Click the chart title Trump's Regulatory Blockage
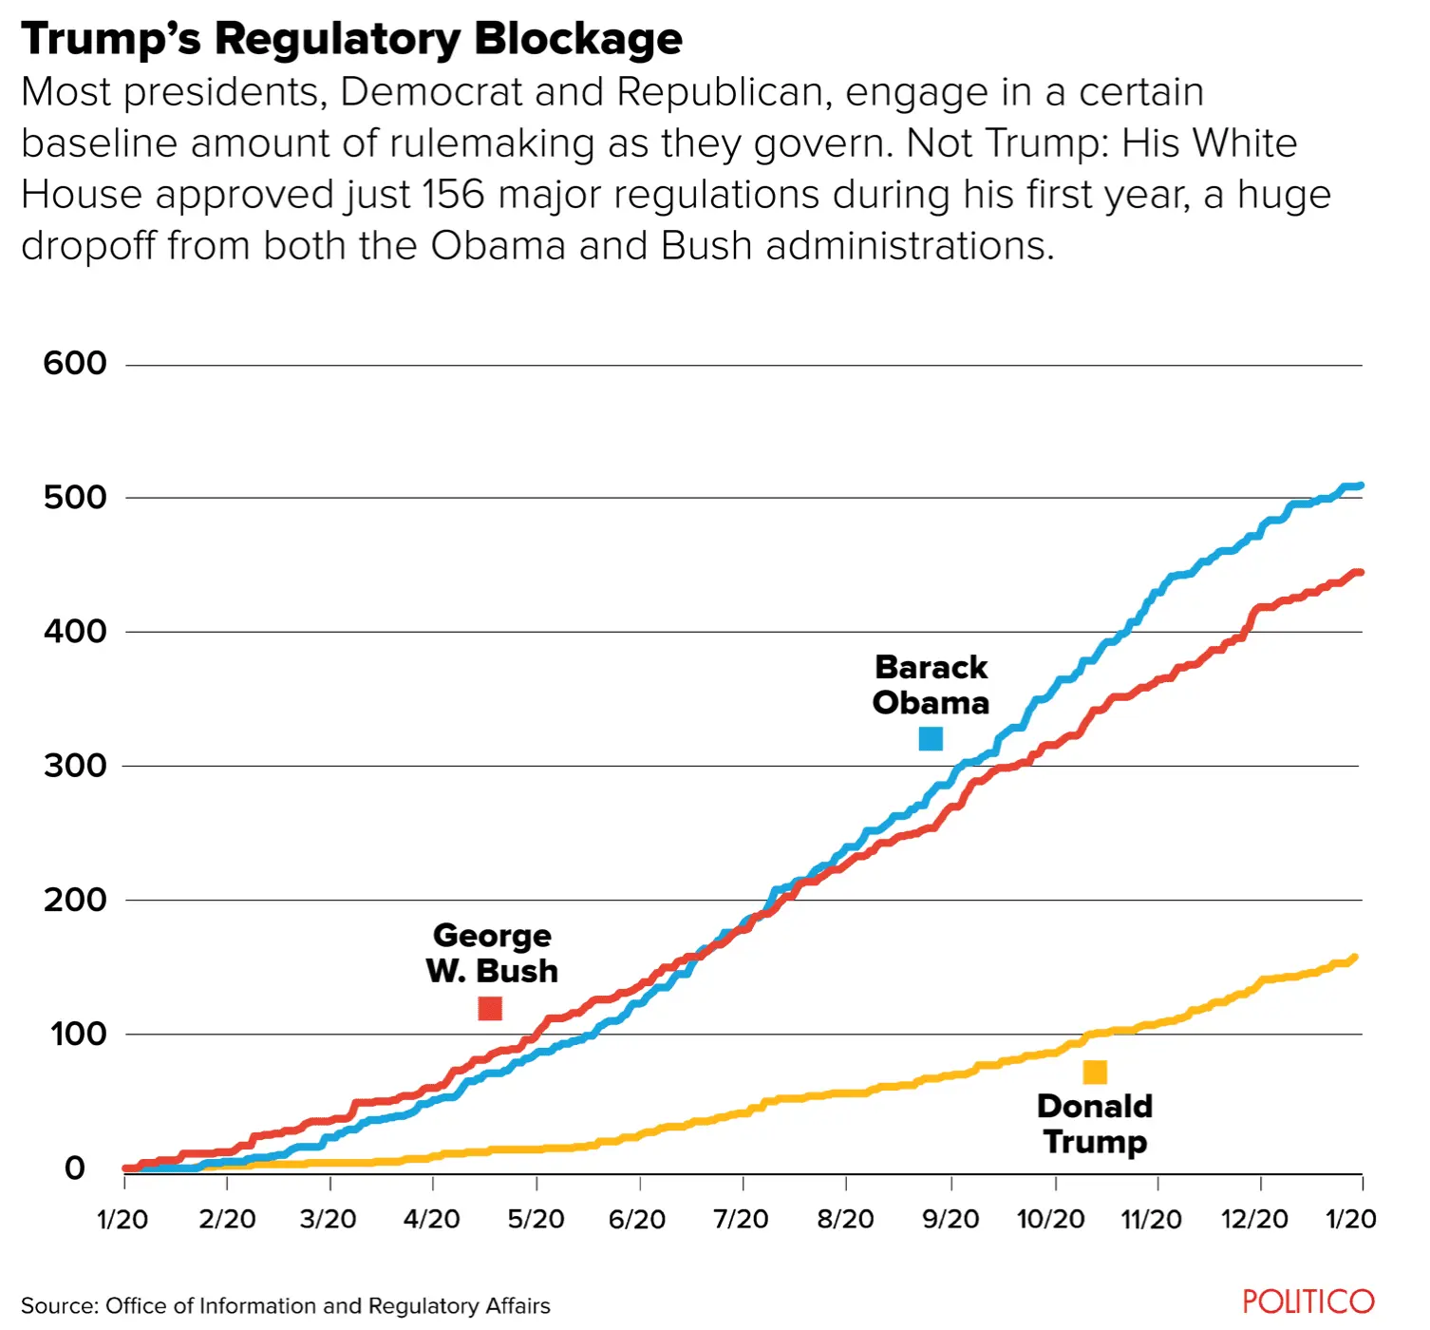(x=351, y=40)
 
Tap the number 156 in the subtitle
(x=454, y=195)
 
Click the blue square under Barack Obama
(x=931, y=738)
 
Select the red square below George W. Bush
(x=490, y=1008)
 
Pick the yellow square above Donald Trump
(x=1095, y=1073)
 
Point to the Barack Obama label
(x=931, y=685)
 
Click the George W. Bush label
(x=492, y=953)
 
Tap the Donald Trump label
(x=1095, y=1124)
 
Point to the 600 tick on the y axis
(x=75, y=363)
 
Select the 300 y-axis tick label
(x=75, y=765)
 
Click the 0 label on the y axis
(x=75, y=1168)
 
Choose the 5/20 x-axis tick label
(x=536, y=1219)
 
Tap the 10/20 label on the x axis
(x=1050, y=1219)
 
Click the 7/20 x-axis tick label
(x=742, y=1219)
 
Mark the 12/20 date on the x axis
(x=1254, y=1219)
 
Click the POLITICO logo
(x=1308, y=1301)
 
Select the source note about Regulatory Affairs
(x=286, y=1306)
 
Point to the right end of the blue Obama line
(x=1361, y=485)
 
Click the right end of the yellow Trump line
(x=1353, y=958)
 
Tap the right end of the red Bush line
(x=1360, y=572)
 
